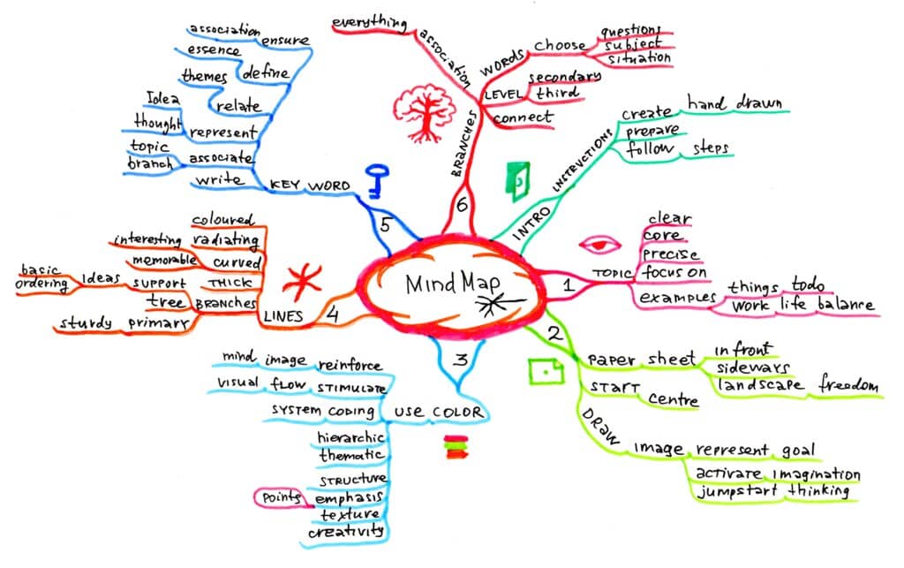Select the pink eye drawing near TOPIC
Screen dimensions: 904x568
coord(599,245)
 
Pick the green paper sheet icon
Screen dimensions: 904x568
coord(546,371)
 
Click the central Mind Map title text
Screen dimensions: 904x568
coord(453,284)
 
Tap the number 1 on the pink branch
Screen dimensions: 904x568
coord(569,284)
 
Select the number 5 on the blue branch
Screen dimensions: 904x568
coord(385,225)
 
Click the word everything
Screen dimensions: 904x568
coord(370,23)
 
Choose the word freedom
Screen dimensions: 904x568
coord(848,384)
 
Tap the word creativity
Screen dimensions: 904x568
coord(346,531)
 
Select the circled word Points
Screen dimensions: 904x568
coord(282,497)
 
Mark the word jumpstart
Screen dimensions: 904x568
coord(737,492)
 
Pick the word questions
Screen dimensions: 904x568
coord(630,31)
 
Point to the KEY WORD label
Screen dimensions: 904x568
coord(310,186)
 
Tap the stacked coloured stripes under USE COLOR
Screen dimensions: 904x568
coord(456,448)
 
